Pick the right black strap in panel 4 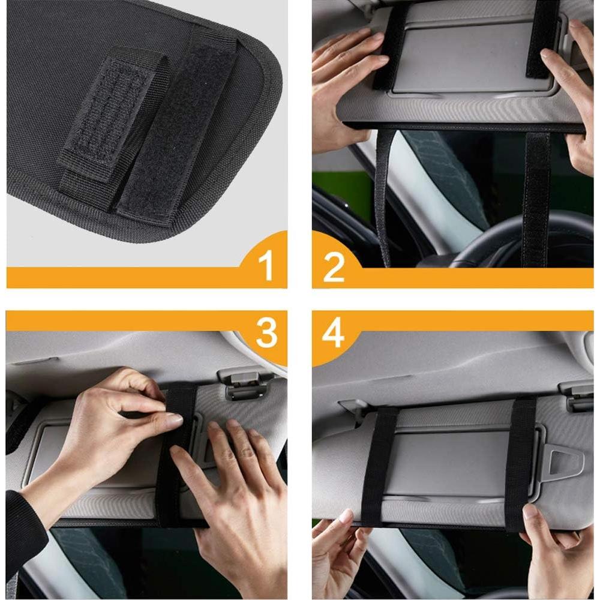click(520, 462)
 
